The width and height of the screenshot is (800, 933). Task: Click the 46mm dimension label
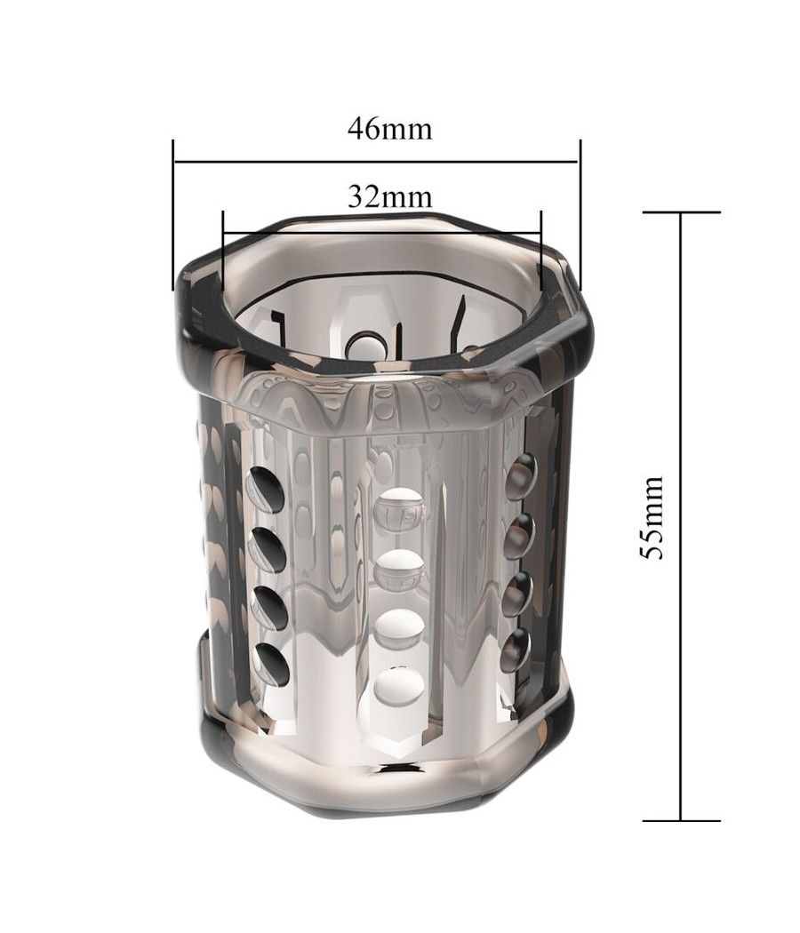click(x=390, y=128)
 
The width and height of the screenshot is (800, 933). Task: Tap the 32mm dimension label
click(x=390, y=195)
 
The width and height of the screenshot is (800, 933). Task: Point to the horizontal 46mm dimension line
click(x=376, y=161)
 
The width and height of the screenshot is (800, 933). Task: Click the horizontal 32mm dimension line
click(x=381, y=233)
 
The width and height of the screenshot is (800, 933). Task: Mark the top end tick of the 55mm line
click(x=682, y=212)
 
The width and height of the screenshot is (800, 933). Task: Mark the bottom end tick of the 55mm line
click(x=682, y=820)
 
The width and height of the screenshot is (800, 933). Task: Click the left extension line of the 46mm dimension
click(x=173, y=215)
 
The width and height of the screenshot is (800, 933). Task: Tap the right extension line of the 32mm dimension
click(x=541, y=251)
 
